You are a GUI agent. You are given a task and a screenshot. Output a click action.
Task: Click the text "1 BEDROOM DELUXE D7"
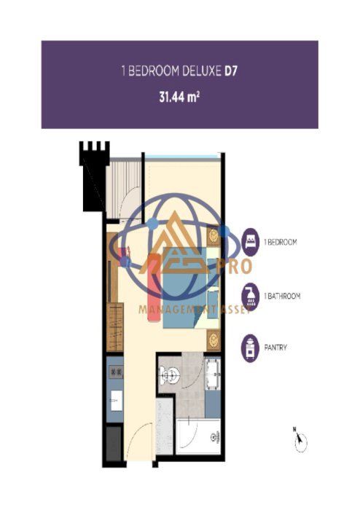pos(179,72)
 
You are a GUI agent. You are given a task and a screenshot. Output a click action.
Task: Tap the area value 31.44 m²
pos(179,95)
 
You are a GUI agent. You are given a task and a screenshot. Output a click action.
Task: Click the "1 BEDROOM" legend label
pos(281,241)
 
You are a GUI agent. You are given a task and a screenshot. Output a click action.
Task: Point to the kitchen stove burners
pos(115,372)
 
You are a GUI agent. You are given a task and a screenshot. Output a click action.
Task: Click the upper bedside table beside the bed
pos(214,235)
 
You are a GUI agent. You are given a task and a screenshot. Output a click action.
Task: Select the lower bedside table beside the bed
pos(214,339)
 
